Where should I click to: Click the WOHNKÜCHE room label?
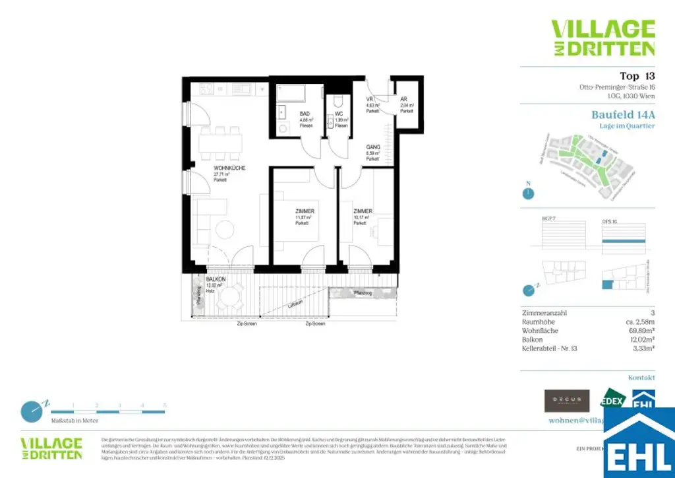pos(229,168)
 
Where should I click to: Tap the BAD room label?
pos(305,114)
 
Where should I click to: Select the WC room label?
pos(339,114)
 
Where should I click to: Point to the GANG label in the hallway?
pos(373,147)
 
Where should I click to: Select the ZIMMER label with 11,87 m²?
pos(304,211)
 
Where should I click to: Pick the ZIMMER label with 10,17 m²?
pos(363,211)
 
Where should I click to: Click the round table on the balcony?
pos(230,297)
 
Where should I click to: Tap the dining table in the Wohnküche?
pos(221,143)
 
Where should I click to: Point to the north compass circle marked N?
pos(527,193)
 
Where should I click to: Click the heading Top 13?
pos(637,76)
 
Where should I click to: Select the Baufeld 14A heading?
pos(623,114)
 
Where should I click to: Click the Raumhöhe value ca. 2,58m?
pos(639,322)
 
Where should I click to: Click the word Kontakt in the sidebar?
pos(641,378)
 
